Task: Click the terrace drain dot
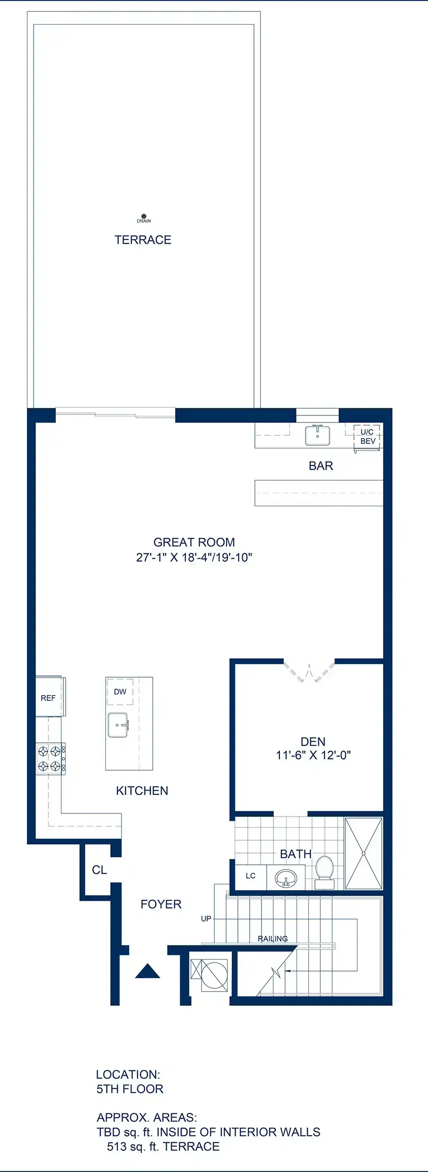(x=144, y=216)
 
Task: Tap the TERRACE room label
(x=143, y=240)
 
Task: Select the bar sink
(x=317, y=435)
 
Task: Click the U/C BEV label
(x=367, y=437)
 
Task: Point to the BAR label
(x=321, y=466)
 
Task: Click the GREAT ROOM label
(x=194, y=542)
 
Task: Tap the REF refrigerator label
(x=48, y=698)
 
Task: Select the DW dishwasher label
(x=120, y=692)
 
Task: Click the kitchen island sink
(x=118, y=725)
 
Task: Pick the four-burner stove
(x=51, y=758)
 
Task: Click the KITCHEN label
(x=142, y=791)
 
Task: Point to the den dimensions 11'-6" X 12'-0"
(x=313, y=755)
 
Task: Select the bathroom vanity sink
(x=286, y=879)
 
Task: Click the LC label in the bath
(x=251, y=876)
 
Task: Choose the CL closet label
(x=99, y=870)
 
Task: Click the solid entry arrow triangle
(x=148, y=971)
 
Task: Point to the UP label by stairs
(x=206, y=919)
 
